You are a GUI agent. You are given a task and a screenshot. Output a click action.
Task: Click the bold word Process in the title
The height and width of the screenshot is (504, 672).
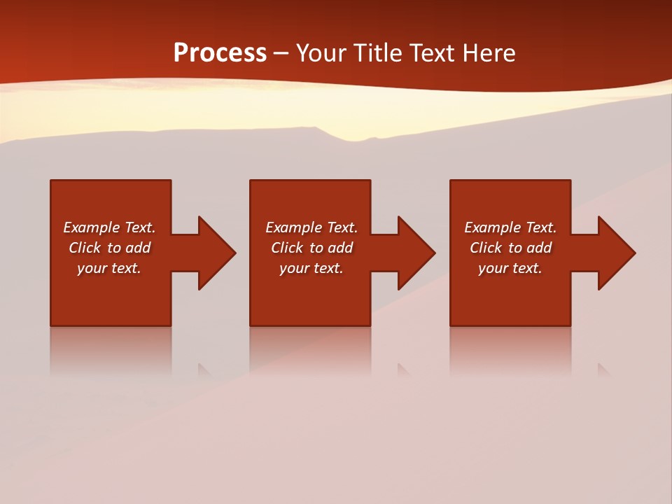pyautogui.click(x=220, y=53)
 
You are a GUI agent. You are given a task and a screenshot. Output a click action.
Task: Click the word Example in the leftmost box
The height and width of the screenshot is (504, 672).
pyautogui.click(x=92, y=227)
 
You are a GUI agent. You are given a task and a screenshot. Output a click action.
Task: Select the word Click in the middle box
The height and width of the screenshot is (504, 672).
pyautogui.click(x=287, y=248)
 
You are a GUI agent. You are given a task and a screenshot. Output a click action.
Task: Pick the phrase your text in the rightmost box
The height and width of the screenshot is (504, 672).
pyautogui.click(x=510, y=268)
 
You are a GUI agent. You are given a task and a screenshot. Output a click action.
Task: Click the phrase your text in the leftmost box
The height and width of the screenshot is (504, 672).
pyautogui.click(x=109, y=268)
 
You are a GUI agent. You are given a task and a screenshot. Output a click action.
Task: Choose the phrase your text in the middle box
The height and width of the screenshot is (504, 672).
pyautogui.click(x=311, y=268)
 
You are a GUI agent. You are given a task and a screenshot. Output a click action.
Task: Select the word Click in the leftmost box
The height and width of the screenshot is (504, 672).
pyautogui.click(x=85, y=248)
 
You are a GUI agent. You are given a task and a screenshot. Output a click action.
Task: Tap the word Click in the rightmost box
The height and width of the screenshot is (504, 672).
pyautogui.click(x=486, y=248)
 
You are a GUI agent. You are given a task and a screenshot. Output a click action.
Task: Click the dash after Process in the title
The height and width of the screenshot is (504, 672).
pyautogui.click(x=281, y=54)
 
